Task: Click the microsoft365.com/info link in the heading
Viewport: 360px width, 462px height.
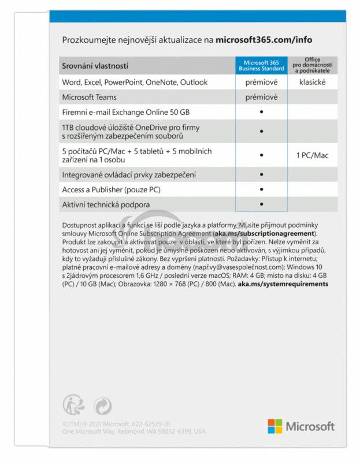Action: point(263,40)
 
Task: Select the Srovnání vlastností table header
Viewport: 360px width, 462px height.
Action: point(95,66)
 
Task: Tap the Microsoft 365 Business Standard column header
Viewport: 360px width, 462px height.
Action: point(261,66)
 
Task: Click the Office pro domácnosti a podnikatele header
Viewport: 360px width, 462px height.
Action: point(313,65)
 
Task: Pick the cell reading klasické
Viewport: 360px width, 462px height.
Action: point(313,83)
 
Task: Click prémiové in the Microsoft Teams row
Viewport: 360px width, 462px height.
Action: point(261,98)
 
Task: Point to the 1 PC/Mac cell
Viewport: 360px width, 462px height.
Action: point(313,155)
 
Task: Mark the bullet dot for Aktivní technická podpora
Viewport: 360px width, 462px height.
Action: point(262,204)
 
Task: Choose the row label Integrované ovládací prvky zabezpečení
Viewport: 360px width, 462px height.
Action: point(129,174)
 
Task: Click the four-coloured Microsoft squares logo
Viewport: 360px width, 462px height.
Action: point(274,426)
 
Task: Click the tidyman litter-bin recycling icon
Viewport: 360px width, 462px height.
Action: point(72,405)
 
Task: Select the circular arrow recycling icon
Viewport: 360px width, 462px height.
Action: point(102,405)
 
